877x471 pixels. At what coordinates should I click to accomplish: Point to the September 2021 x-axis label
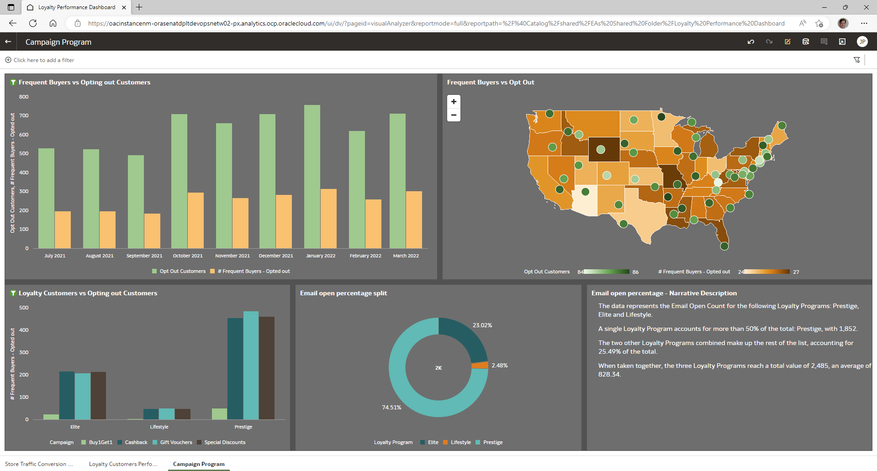[x=144, y=256]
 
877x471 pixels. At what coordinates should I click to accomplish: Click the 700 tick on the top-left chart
[x=24, y=116]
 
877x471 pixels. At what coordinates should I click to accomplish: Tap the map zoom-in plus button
[x=454, y=102]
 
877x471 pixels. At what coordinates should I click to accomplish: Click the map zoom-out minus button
[x=454, y=115]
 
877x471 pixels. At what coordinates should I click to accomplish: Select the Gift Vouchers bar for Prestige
[x=251, y=365]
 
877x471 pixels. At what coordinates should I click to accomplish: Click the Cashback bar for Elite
[x=67, y=395]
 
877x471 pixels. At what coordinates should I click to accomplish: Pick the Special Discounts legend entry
[x=225, y=442]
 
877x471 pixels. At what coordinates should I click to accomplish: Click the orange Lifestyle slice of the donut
[x=480, y=365]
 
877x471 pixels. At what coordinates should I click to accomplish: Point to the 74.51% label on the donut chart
[x=391, y=408]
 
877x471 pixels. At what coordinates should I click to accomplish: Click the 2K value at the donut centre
[x=438, y=368]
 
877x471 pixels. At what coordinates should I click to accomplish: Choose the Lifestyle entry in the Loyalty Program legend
[x=460, y=442]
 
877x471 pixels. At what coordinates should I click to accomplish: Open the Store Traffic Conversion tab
[x=38, y=464]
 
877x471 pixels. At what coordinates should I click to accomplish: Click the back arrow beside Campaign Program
[x=8, y=42]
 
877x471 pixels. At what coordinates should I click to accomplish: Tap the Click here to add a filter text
[x=43, y=60]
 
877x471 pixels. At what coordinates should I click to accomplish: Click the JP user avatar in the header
[x=862, y=42]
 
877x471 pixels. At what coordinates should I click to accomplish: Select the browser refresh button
[x=33, y=23]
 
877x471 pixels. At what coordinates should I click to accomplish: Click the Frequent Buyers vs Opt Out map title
[x=490, y=83]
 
